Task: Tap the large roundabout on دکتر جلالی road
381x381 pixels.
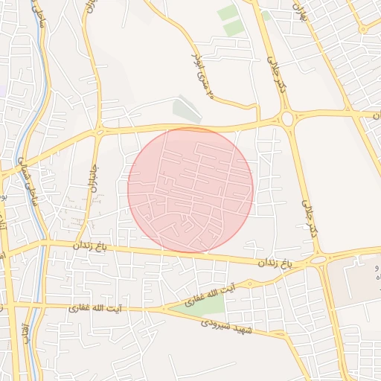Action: click(286, 118)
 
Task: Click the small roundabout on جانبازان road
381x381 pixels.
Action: click(99, 132)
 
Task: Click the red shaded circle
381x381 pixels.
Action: click(190, 190)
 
